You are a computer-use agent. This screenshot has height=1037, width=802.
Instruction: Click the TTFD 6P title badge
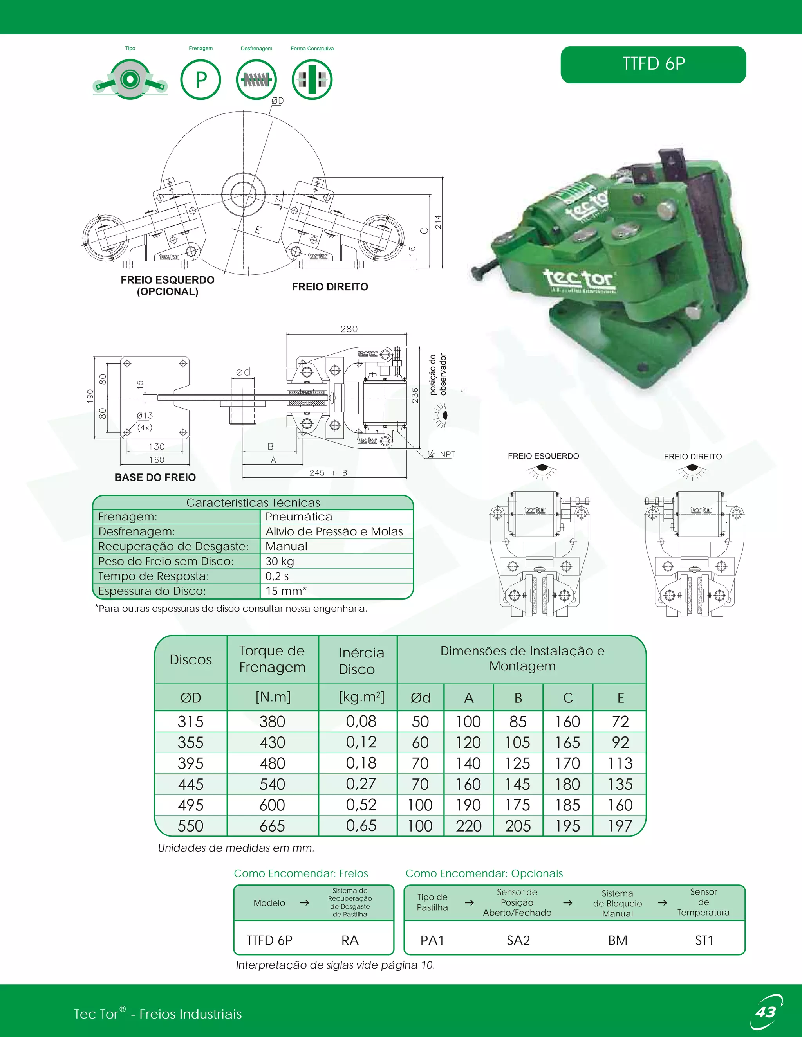[653, 64]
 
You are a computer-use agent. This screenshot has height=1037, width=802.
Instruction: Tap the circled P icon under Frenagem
[200, 80]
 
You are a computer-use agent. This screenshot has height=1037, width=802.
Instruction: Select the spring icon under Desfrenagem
[256, 80]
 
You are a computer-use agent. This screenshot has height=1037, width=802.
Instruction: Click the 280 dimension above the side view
[349, 329]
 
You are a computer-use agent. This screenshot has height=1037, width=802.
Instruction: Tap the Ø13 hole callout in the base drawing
[145, 416]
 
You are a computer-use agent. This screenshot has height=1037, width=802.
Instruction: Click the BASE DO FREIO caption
[155, 477]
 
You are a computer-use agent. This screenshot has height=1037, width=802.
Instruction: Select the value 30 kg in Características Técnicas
[280, 561]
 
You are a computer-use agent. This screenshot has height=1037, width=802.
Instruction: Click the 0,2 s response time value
[277, 576]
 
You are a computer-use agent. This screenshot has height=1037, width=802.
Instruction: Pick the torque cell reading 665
[272, 826]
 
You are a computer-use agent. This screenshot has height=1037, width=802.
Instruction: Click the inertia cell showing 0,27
[361, 784]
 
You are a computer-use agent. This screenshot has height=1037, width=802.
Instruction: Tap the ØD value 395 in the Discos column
[191, 763]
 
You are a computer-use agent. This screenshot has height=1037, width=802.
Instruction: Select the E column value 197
[620, 826]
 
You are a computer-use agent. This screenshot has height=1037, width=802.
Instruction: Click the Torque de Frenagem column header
[272, 659]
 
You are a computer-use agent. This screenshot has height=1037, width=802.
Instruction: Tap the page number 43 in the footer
[766, 1012]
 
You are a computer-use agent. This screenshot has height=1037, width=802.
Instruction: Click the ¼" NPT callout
[442, 454]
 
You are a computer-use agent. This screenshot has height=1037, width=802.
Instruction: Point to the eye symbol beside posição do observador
[442, 416]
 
